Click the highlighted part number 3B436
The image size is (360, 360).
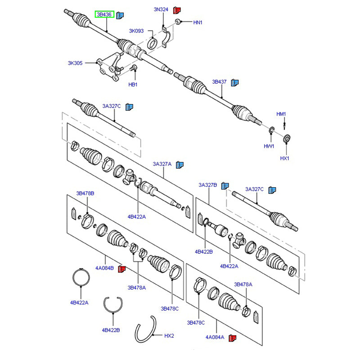(x=104, y=15)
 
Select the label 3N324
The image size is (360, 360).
(x=161, y=9)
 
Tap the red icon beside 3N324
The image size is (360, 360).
(x=177, y=9)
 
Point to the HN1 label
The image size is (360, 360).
(x=198, y=22)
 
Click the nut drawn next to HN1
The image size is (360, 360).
(x=178, y=21)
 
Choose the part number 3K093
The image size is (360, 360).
(x=136, y=31)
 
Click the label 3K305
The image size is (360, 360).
(x=75, y=63)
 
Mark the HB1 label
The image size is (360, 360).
(x=133, y=85)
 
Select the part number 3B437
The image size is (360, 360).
(x=220, y=82)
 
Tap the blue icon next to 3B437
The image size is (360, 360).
(x=234, y=82)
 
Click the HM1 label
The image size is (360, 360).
(x=281, y=114)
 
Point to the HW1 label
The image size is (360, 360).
(x=269, y=146)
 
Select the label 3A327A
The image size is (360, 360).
(x=162, y=164)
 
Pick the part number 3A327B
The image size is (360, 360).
(x=208, y=185)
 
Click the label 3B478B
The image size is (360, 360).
(x=85, y=193)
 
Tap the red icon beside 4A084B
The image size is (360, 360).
(x=121, y=269)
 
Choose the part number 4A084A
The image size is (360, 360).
(x=216, y=337)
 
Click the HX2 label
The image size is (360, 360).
(x=169, y=336)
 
